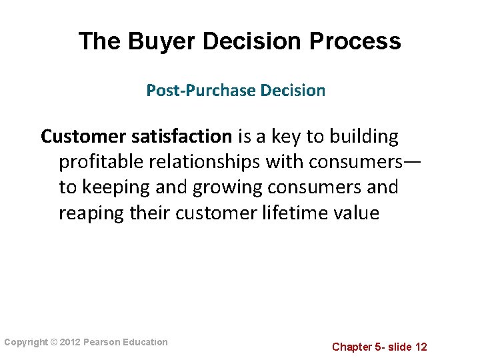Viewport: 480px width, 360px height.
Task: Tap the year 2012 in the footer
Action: click(x=71, y=343)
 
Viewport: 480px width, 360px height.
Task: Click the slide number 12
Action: click(x=420, y=347)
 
